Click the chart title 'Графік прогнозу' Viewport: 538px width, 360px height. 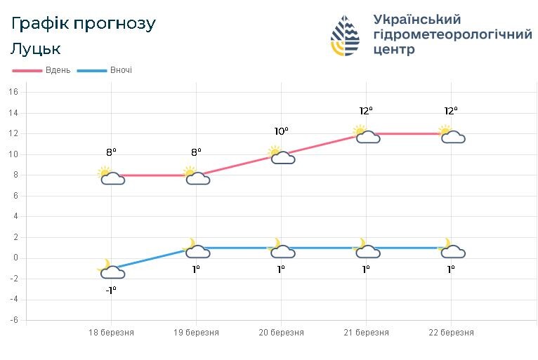[x=84, y=23]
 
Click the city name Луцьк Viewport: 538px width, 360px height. [x=36, y=49]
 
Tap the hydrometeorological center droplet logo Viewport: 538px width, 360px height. [x=345, y=35]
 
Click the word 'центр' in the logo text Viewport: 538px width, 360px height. [x=394, y=50]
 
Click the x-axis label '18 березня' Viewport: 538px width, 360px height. [x=111, y=333]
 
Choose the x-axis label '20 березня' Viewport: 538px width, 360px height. [x=281, y=333]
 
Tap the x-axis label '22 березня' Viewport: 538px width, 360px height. [x=451, y=333]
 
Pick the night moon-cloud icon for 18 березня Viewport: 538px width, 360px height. [x=111, y=269]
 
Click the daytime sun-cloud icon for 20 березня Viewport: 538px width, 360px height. [x=282, y=155]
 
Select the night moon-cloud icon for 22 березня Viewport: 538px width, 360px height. [x=452, y=249]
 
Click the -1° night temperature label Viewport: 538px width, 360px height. [x=111, y=290]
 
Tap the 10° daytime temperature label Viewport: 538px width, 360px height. [x=282, y=131]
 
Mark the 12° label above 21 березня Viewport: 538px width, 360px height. [x=366, y=110]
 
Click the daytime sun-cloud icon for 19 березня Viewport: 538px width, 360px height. [x=197, y=175]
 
